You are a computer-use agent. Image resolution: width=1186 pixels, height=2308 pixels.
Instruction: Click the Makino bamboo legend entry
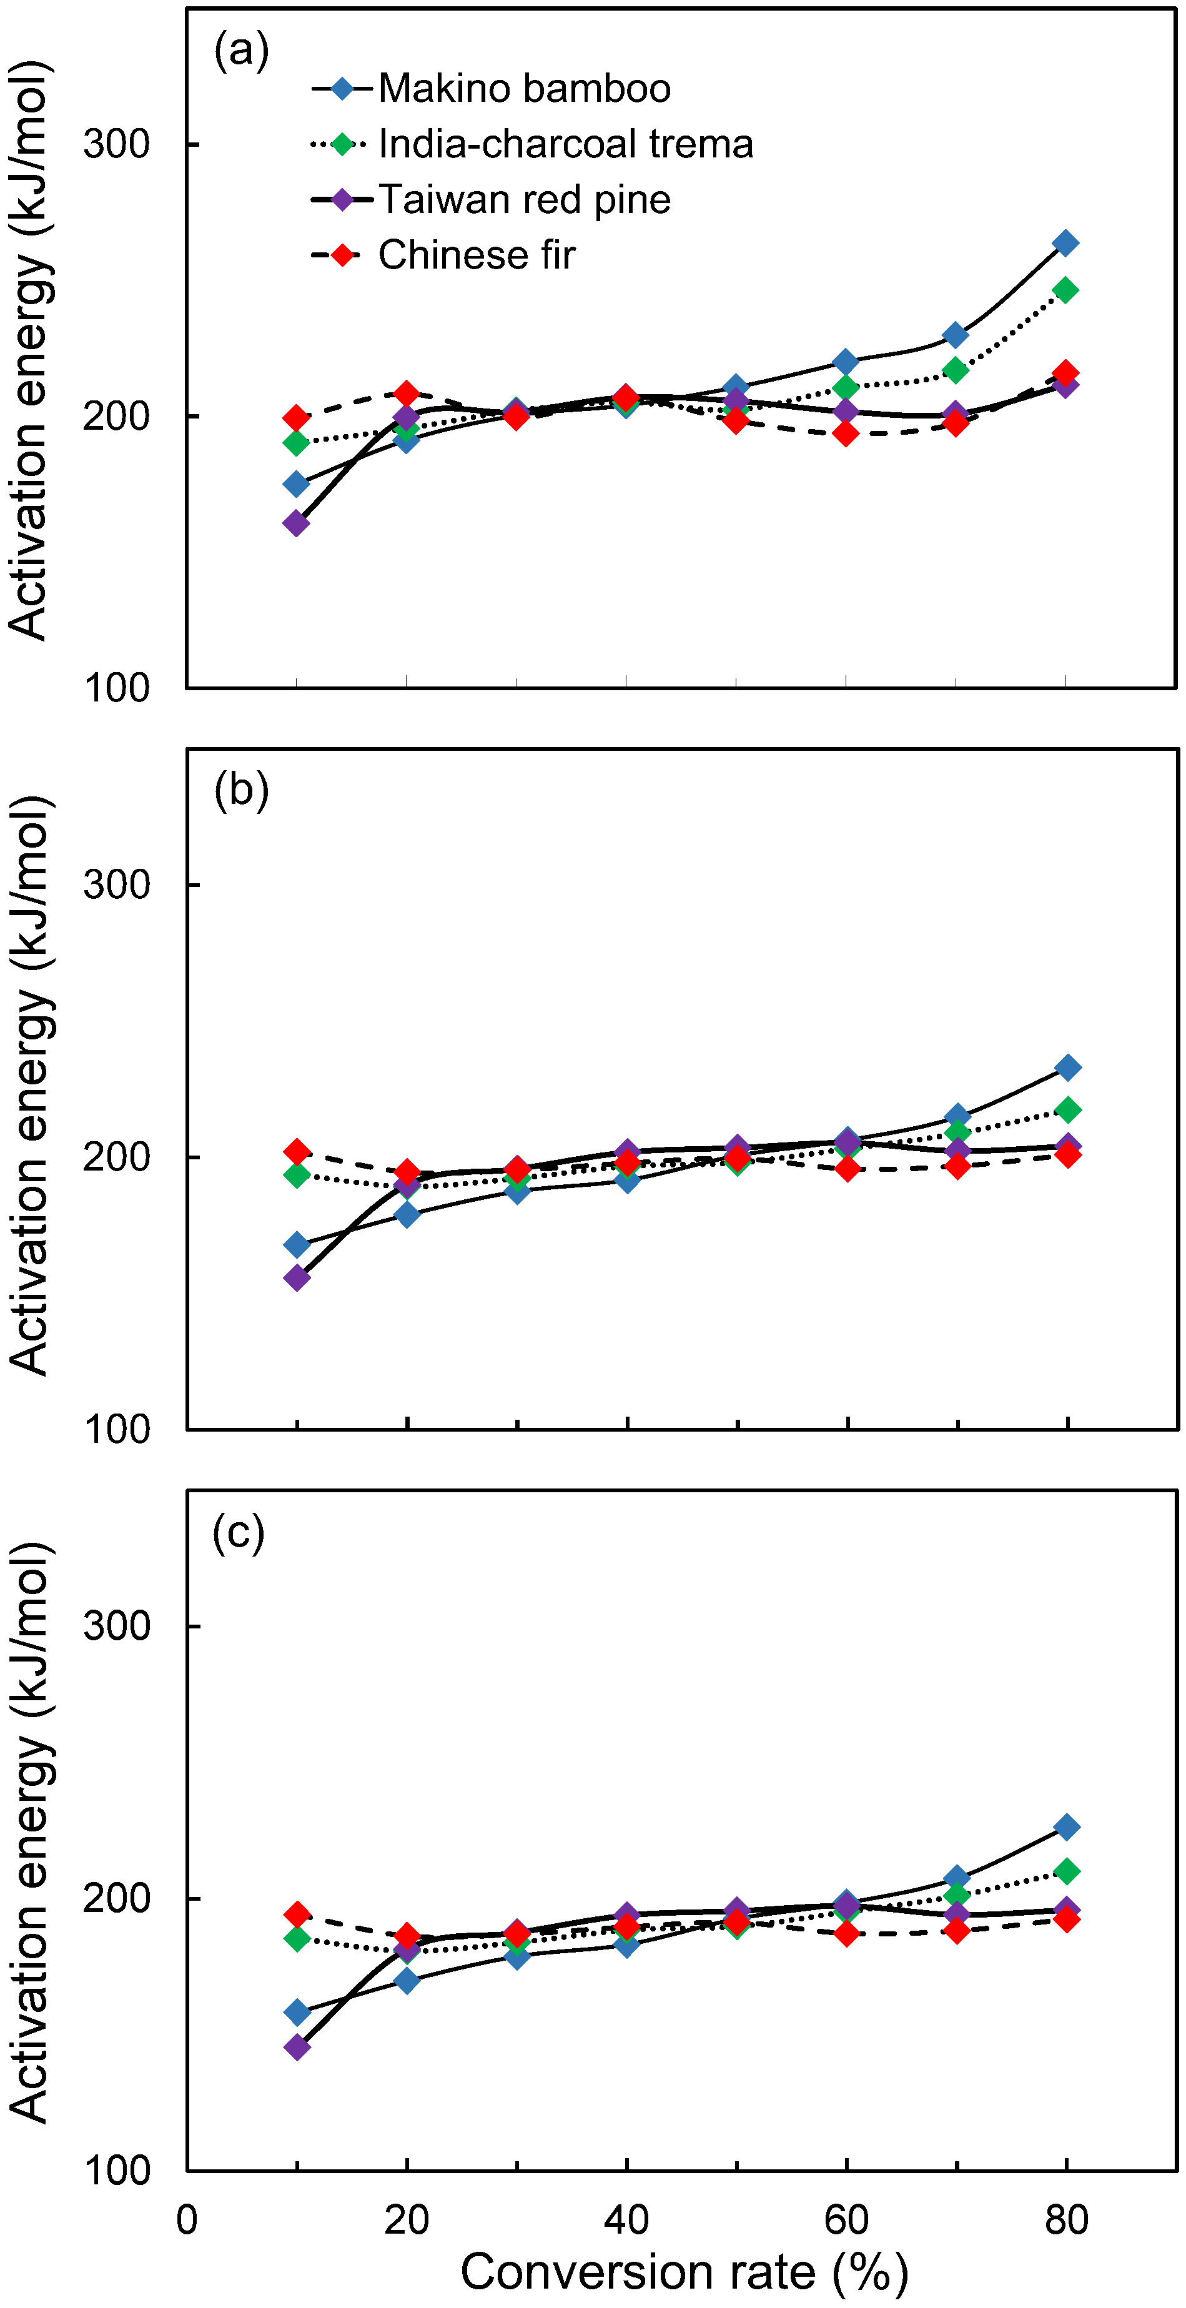(524, 89)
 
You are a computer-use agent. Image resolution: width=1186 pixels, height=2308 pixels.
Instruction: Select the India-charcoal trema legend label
(565, 144)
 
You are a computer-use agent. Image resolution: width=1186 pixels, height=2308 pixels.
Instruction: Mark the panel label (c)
(239, 1533)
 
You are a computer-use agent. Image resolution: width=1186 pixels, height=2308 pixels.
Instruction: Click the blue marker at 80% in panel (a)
(1065, 243)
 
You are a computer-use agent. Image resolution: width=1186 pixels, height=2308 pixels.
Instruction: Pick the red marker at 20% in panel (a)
(407, 394)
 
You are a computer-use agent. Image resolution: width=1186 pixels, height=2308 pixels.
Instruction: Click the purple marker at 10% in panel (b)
(297, 1277)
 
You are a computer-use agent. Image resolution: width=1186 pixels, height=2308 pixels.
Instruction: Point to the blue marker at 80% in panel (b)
(1067, 1067)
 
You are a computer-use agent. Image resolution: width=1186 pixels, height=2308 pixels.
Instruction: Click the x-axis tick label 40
(626, 2220)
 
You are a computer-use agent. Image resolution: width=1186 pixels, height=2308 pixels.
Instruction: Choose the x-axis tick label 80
(1066, 2220)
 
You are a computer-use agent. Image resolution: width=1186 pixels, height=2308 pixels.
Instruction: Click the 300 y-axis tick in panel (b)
(116, 885)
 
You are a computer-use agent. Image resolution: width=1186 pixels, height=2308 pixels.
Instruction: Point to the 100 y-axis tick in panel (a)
(116, 688)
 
